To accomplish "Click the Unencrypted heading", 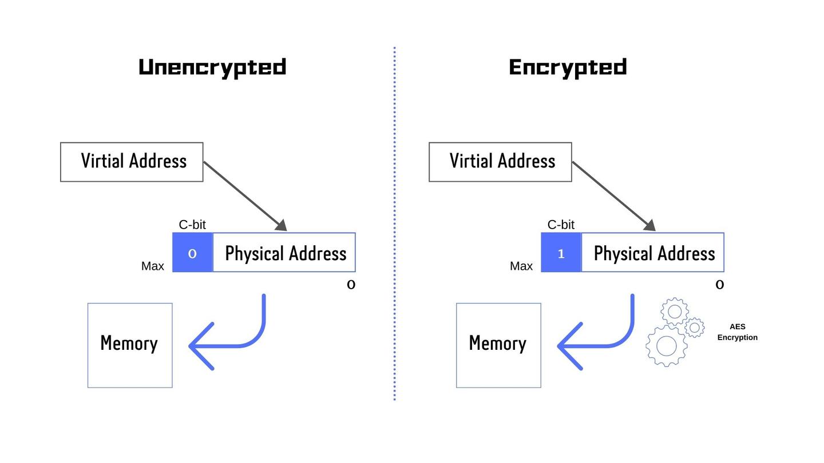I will (212, 67).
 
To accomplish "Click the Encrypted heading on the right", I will (568, 67).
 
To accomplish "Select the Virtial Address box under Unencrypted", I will (132, 162).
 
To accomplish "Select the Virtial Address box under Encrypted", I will (500, 162).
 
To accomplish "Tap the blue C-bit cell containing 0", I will (193, 253).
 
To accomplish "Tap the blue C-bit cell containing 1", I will (561, 253).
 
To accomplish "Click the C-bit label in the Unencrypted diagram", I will (192, 225).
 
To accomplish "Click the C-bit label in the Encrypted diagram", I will (561, 225).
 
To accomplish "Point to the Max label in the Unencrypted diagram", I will (153, 266).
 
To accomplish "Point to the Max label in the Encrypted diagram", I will (521, 266).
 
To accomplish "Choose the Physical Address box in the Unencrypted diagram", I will (284, 253).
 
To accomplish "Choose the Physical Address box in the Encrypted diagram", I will (653, 253).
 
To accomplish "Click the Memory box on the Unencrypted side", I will (130, 345).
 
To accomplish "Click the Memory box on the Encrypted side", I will (498, 345).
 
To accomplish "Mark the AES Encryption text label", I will (737, 332).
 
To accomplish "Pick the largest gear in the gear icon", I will (667, 346).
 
